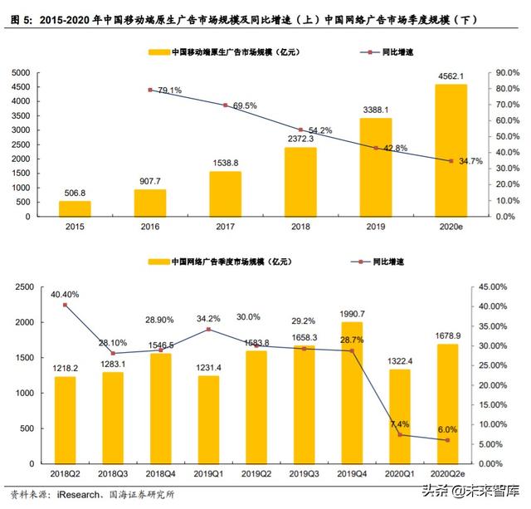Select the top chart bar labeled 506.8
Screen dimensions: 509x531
pyautogui.click(x=75, y=208)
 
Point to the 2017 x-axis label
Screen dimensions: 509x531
pyautogui.click(x=225, y=228)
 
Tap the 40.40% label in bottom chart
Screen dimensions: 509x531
pyautogui.click(x=65, y=293)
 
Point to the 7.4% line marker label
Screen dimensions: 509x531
pyautogui.click(x=400, y=424)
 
